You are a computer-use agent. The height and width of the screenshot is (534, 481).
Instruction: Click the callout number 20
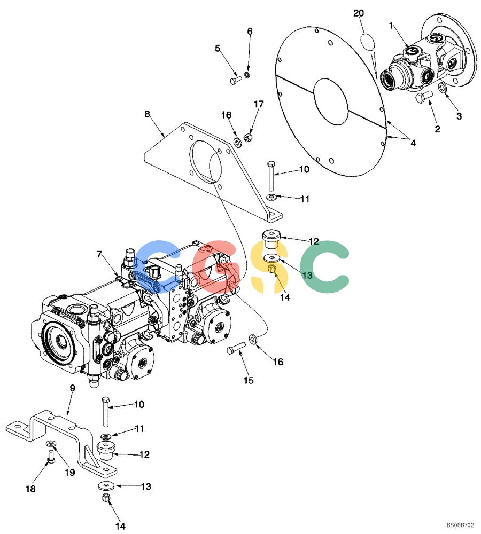pos(358,13)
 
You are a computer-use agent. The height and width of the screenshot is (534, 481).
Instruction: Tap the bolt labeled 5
pos(236,81)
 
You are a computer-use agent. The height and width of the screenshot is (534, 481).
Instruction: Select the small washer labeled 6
pos(247,75)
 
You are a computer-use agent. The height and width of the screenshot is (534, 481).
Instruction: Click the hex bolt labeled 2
pos(424,96)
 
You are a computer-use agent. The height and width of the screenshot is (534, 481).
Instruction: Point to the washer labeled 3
pos(442,88)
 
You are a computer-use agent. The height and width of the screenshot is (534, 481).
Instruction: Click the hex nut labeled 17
pos(249,138)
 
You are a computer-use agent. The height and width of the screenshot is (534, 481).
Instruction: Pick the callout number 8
pos(148,114)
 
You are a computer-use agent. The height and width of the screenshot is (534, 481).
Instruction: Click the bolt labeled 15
pos(236,348)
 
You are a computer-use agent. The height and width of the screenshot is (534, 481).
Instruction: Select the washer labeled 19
pos(51,443)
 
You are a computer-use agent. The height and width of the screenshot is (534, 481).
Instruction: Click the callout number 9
pos(72,388)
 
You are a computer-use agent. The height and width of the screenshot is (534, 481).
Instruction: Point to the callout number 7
pos(99,254)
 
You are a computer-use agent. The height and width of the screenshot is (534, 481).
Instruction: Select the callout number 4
pos(413,143)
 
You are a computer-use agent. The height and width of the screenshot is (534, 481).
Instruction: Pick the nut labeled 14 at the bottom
pos(105,498)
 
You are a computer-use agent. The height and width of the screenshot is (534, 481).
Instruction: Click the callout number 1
pos(391,25)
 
